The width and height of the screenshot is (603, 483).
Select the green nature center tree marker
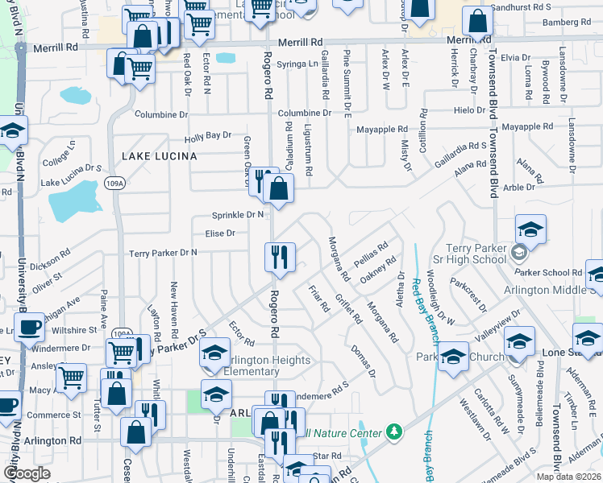pyautogui.click(x=393, y=432)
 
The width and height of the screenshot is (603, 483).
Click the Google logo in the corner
pyautogui.click(x=27, y=473)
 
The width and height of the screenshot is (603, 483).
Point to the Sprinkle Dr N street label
pyautogui.click(x=238, y=215)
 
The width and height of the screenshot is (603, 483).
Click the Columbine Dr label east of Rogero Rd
pyautogui.click(x=305, y=113)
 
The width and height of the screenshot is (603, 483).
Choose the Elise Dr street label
pyautogui.click(x=220, y=233)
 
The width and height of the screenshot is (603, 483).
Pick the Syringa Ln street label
pyautogui.click(x=297, y=64)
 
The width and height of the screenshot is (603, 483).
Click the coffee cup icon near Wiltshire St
pyautogui.click(x=30, y=328)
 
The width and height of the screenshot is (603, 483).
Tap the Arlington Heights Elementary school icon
pyautogui.click(x=215, y=353)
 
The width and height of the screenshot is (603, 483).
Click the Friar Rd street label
pyautogui.click(x=319, y=299)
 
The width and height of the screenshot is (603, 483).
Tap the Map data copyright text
pyautogui.click(x=570, y=477)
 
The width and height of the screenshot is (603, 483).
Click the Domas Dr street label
pyautogui.click(x=364, y=361)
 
